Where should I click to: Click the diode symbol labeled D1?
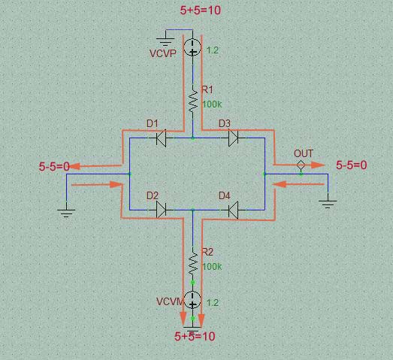[x=161, y=138]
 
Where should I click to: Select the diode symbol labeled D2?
[x=161, y=210]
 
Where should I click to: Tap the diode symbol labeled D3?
[x=234, y=138]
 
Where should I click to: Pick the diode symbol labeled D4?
[x=234, y=210]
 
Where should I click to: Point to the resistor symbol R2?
[x=192, y=263]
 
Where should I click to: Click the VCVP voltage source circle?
[x=192, y=47]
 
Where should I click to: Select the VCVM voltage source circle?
[x=192, y=299]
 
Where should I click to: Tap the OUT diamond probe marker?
[x=301, y=165]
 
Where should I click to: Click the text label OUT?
[x=304, y=153]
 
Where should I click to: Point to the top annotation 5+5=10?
[x=201, y=11]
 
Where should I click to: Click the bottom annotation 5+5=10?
[x=195, y=336]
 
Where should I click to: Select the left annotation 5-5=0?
[x=54, y=166]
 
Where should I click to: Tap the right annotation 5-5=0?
[x=351, y=165]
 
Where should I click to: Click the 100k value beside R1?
[x=212, y=104]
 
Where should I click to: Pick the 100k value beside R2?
[x=212, y=267]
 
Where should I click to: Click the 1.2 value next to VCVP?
[x=213, y=50]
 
